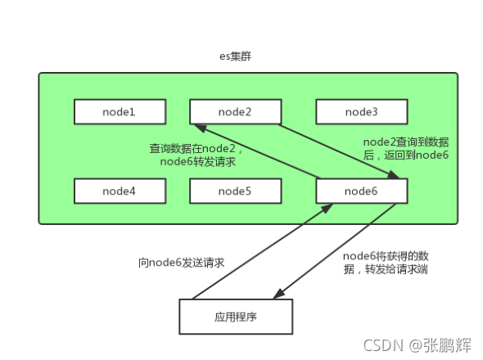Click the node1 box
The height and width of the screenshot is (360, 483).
119,112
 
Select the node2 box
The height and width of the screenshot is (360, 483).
234,112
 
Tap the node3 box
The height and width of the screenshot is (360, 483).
361,112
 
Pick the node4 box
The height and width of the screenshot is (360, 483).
119,191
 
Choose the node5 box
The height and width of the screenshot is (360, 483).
234,191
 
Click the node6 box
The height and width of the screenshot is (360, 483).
361,191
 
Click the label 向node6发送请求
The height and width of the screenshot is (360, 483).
181,263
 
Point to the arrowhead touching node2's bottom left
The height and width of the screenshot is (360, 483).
197,128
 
